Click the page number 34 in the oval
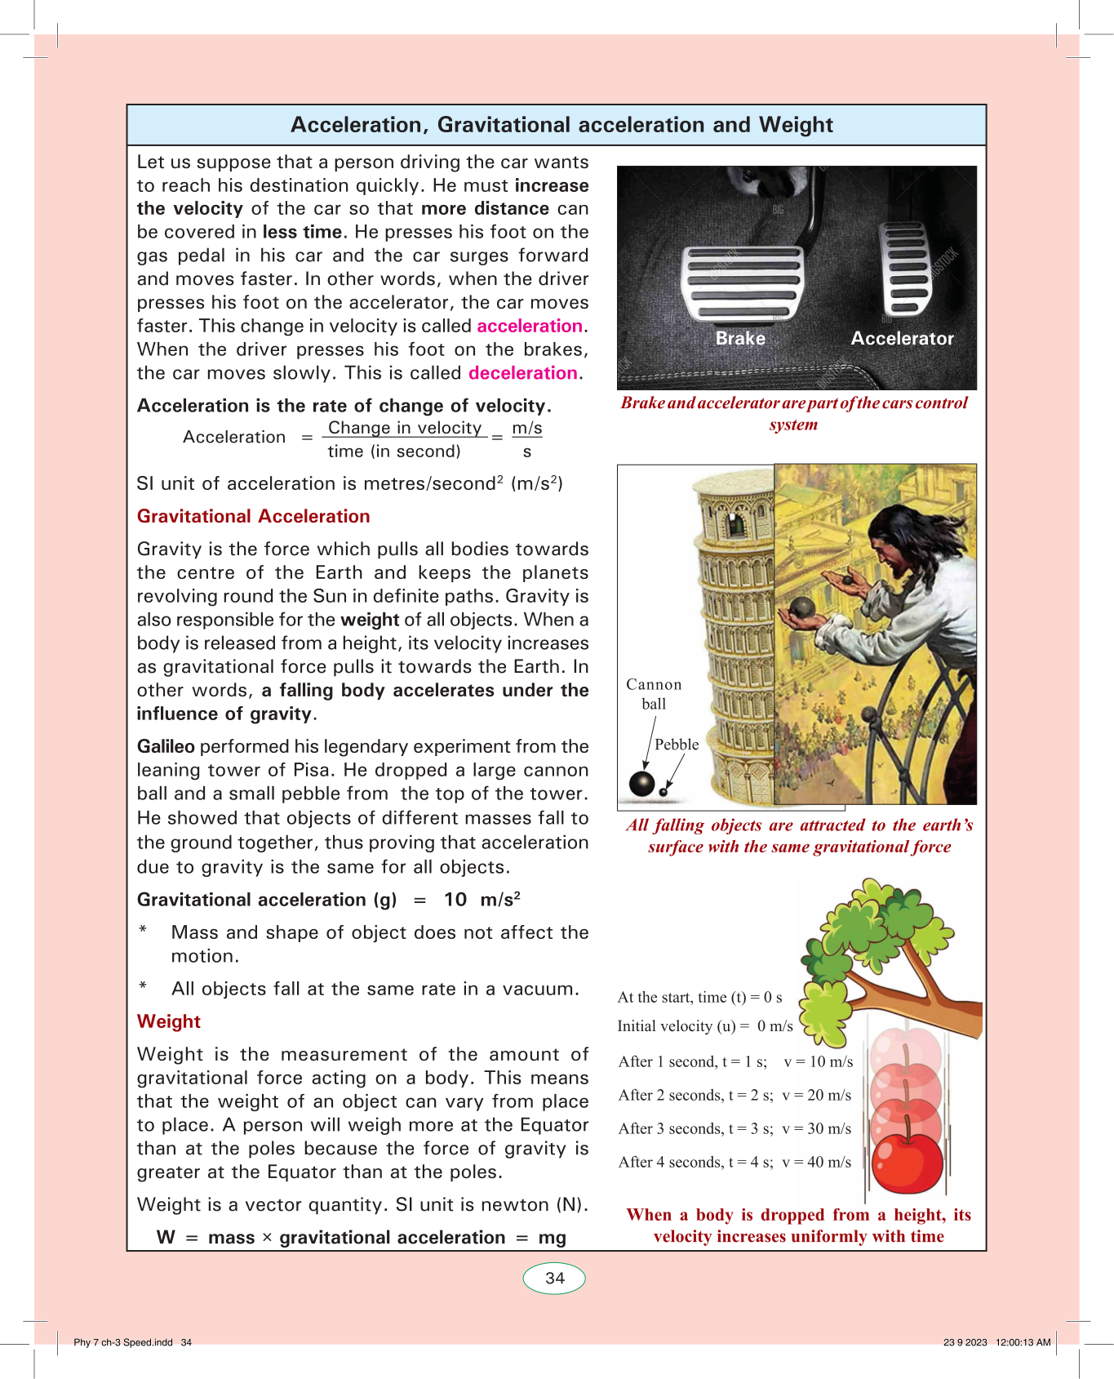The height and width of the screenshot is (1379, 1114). pyautogui.click(x=555, y=1278)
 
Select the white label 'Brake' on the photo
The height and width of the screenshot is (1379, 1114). pyautogui.click(x=740, y=338)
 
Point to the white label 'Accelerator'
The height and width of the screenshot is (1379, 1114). pyautogui.click(x=902, y=338)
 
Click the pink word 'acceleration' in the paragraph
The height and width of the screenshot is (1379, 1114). pyautogui.click(x=530, y=326)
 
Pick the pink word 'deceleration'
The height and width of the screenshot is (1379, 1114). pyautogui.click(x=523, y=373)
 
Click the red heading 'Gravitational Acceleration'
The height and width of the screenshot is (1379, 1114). pyautogui.click(x=253, y=516)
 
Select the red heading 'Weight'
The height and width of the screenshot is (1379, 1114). pyautogui.click(x=169, y=1021)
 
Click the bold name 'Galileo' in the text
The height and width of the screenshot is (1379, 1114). pyautogui.click(x=166, y=746)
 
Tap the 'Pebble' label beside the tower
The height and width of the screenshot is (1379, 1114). pyautogui.click(x=677, y=745)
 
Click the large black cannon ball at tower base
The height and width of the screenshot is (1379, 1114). pyautogui.click(x=642, y=783)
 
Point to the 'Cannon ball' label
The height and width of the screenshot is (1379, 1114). pyautogui.click(x=654, y=694)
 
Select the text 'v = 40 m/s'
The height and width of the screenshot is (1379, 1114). pyautogui.click(x=816, y=1162)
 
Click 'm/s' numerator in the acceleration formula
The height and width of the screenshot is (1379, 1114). pyautogui.click(x=527, y=428)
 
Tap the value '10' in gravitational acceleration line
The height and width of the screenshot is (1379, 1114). pyautogui.click(x=455, y=900)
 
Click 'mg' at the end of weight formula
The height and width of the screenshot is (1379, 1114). pyautogui.click(x=553, y=1238)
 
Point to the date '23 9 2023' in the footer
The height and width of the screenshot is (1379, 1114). pyautogui.click(x=965, y=1342)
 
